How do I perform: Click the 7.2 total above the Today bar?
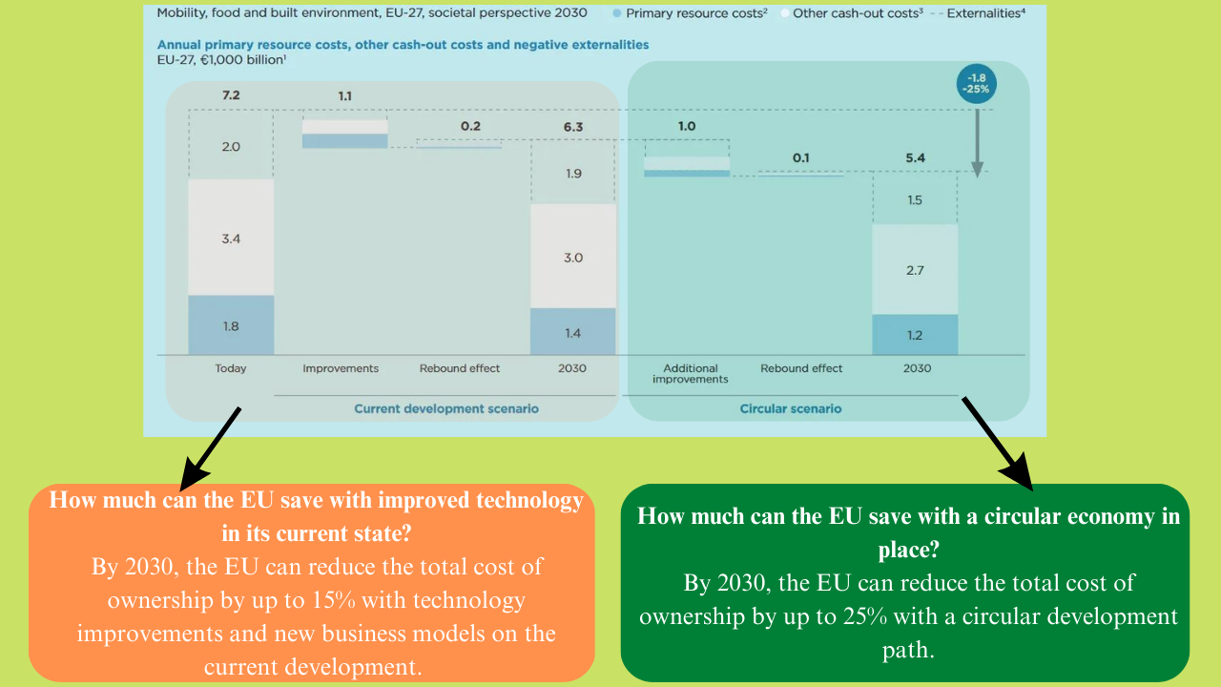231,96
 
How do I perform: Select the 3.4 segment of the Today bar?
231,238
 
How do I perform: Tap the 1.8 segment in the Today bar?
231,325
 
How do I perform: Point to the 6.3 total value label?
572,125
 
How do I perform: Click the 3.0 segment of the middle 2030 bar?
572,257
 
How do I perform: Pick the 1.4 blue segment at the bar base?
572,333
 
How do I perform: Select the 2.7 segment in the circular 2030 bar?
915,270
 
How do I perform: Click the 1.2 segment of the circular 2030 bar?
915,335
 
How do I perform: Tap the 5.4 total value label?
915,157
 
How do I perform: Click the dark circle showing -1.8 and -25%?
977,83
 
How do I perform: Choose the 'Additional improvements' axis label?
690,373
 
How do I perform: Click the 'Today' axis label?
231,368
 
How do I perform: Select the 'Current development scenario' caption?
446,408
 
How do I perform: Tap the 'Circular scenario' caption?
791,408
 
